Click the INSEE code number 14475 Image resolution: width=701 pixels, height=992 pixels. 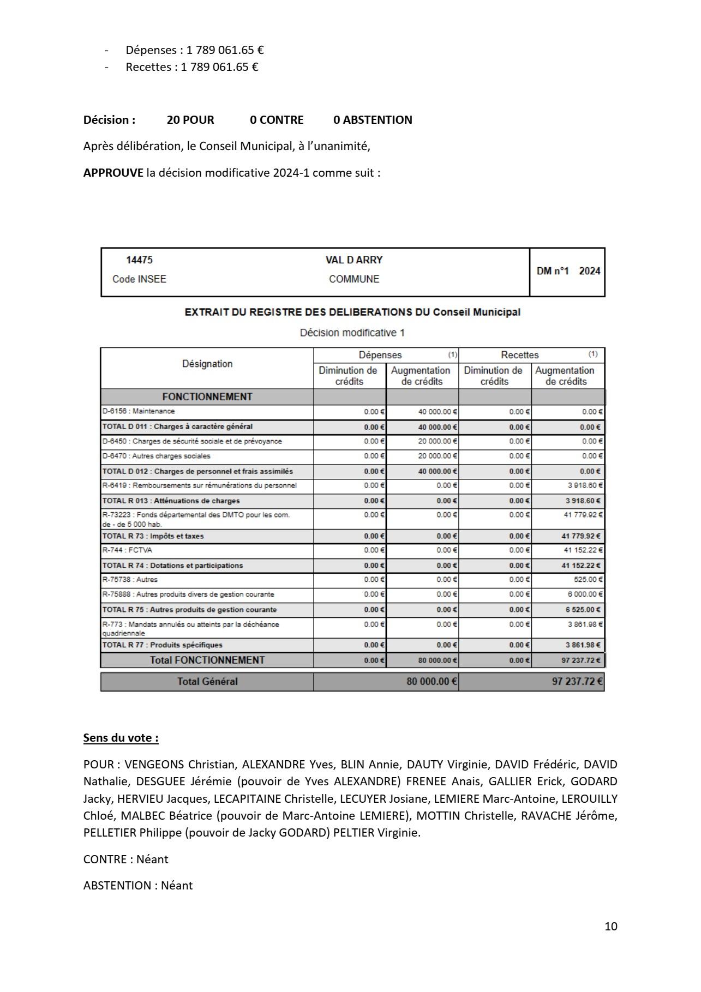tap(139, 260)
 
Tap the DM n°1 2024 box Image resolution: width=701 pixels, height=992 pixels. tap(568, 271)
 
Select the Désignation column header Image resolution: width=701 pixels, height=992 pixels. tap(207, 364)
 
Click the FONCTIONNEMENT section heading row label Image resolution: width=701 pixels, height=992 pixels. tap(207, 397)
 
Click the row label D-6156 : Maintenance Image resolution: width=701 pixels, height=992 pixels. tap(139, 411)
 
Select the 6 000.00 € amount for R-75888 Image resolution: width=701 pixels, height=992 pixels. tap(585, 594)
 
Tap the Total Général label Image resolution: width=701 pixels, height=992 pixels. tap(207, 682)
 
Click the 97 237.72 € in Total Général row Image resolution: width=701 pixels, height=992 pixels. tap(577, 682)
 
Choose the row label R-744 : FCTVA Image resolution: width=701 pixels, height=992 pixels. tap(128, 550)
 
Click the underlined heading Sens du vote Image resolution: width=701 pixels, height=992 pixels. tap(121, 738)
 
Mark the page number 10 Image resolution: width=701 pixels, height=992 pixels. tap(611, 927)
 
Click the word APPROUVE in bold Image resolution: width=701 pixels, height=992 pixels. tap(113, 173)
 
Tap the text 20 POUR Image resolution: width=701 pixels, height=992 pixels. tap(190, 120)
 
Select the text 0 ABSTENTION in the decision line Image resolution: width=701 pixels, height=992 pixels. tap(373, 120)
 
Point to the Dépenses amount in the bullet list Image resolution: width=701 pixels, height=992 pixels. tap(225, 50)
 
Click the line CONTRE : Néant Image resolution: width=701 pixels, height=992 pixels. tap(126, 859)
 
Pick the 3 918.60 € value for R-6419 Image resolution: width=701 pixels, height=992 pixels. tap(584, 485)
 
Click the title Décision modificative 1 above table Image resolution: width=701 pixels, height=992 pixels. tap(352, 333)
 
